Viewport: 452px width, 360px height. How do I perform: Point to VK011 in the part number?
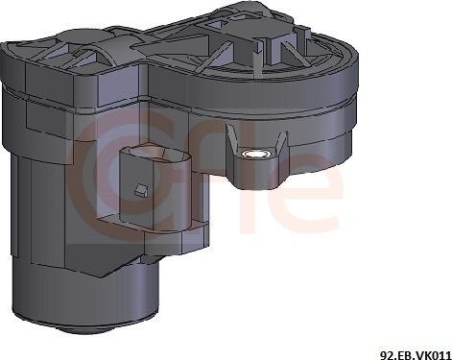coord(431,351)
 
